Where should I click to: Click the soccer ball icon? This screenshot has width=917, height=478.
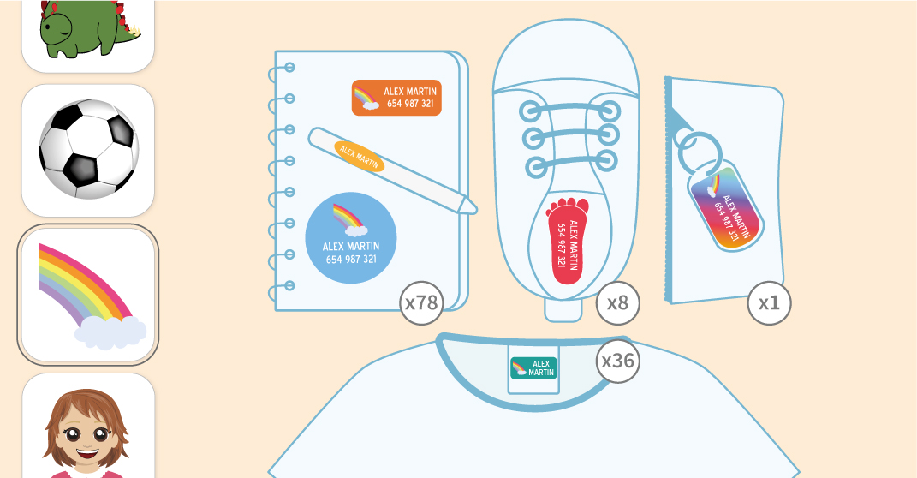[88, 150]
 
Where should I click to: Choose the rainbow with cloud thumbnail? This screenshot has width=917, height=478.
[88, 296]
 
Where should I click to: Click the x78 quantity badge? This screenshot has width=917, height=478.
[421, 302]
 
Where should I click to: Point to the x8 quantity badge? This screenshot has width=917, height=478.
[617, 302]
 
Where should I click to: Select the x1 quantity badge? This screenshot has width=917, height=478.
[769, 302]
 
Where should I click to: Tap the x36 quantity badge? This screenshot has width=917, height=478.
[618, 361]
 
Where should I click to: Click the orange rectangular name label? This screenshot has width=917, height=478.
[396, 98]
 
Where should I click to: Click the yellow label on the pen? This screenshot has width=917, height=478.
[360, 156]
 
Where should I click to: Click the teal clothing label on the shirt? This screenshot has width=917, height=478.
[533, 368]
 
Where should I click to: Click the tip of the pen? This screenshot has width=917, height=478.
[473, 208]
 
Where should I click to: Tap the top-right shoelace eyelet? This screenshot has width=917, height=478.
[609, 110]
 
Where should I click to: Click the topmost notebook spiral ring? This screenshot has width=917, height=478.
[288, 67]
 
